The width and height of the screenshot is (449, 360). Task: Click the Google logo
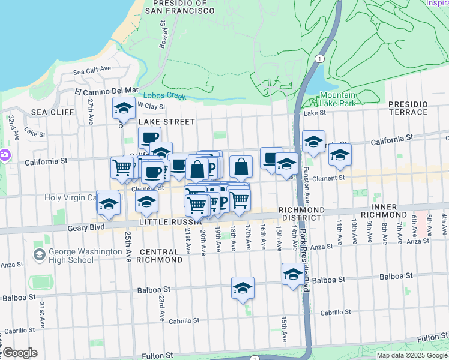point(20,353)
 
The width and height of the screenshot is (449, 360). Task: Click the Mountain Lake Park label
point(337,99)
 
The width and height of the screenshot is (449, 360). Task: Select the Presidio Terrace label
point(408,108)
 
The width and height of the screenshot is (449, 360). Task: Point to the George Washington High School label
point(73,256)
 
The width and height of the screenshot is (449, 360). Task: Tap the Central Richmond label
point(159,256)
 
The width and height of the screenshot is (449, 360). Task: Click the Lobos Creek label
point(161,95)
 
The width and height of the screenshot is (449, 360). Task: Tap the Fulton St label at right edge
point(432,338)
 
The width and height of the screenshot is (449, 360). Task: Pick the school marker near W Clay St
point(124,108)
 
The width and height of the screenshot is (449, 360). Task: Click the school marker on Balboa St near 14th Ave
point(293,274)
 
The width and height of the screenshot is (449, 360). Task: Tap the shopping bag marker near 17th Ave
point(241,167)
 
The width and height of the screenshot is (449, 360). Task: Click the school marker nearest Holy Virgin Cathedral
point(108,203)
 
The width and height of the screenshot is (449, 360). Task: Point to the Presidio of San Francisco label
point(176,6)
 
